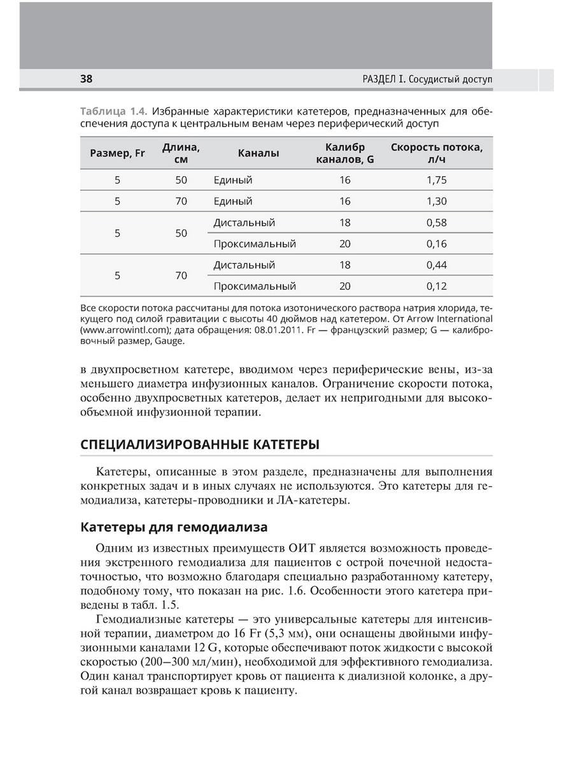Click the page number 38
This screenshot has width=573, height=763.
coord(87,79)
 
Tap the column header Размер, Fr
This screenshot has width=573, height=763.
coord(118,153)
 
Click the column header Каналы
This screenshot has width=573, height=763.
coord(258,153)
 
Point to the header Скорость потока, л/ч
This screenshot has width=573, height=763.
coord(437,153)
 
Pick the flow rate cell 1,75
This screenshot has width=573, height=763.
coord(437,180)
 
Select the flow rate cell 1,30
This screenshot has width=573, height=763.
coord(437,201)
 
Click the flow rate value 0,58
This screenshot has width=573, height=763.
coord(437,223)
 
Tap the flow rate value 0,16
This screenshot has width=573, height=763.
coord(437,244)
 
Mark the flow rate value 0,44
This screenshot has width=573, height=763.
coord(437,265)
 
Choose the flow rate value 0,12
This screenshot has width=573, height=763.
coord(437,286)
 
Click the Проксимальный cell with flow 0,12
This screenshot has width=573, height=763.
coord(255,286)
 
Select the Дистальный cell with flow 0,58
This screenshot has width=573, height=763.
coord(244,223)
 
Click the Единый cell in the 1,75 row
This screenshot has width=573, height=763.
coord(233,180)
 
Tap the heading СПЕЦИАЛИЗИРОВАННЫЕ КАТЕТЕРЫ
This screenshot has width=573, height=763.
coord(200,444)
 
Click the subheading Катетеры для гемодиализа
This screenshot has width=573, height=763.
coord(173,527)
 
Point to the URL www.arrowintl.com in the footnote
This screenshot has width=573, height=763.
coord(127,330)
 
